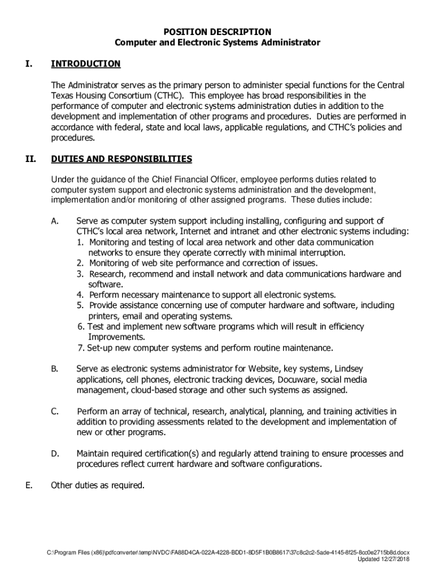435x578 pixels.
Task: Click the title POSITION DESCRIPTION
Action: click(217, 32)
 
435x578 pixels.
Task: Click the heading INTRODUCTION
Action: click(85, 64)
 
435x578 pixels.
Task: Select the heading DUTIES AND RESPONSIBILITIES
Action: click(121, 159)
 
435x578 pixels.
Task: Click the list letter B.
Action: click(55, 369)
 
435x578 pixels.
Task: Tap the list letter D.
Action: click(55, 454)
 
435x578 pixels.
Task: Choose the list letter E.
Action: click(29, 485)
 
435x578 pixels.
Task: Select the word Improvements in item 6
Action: click(116, 337)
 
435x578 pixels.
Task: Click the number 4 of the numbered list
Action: click(80, 295)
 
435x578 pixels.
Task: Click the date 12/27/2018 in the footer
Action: click(393, 559)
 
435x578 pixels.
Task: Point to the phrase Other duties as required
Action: click(98, 485)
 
